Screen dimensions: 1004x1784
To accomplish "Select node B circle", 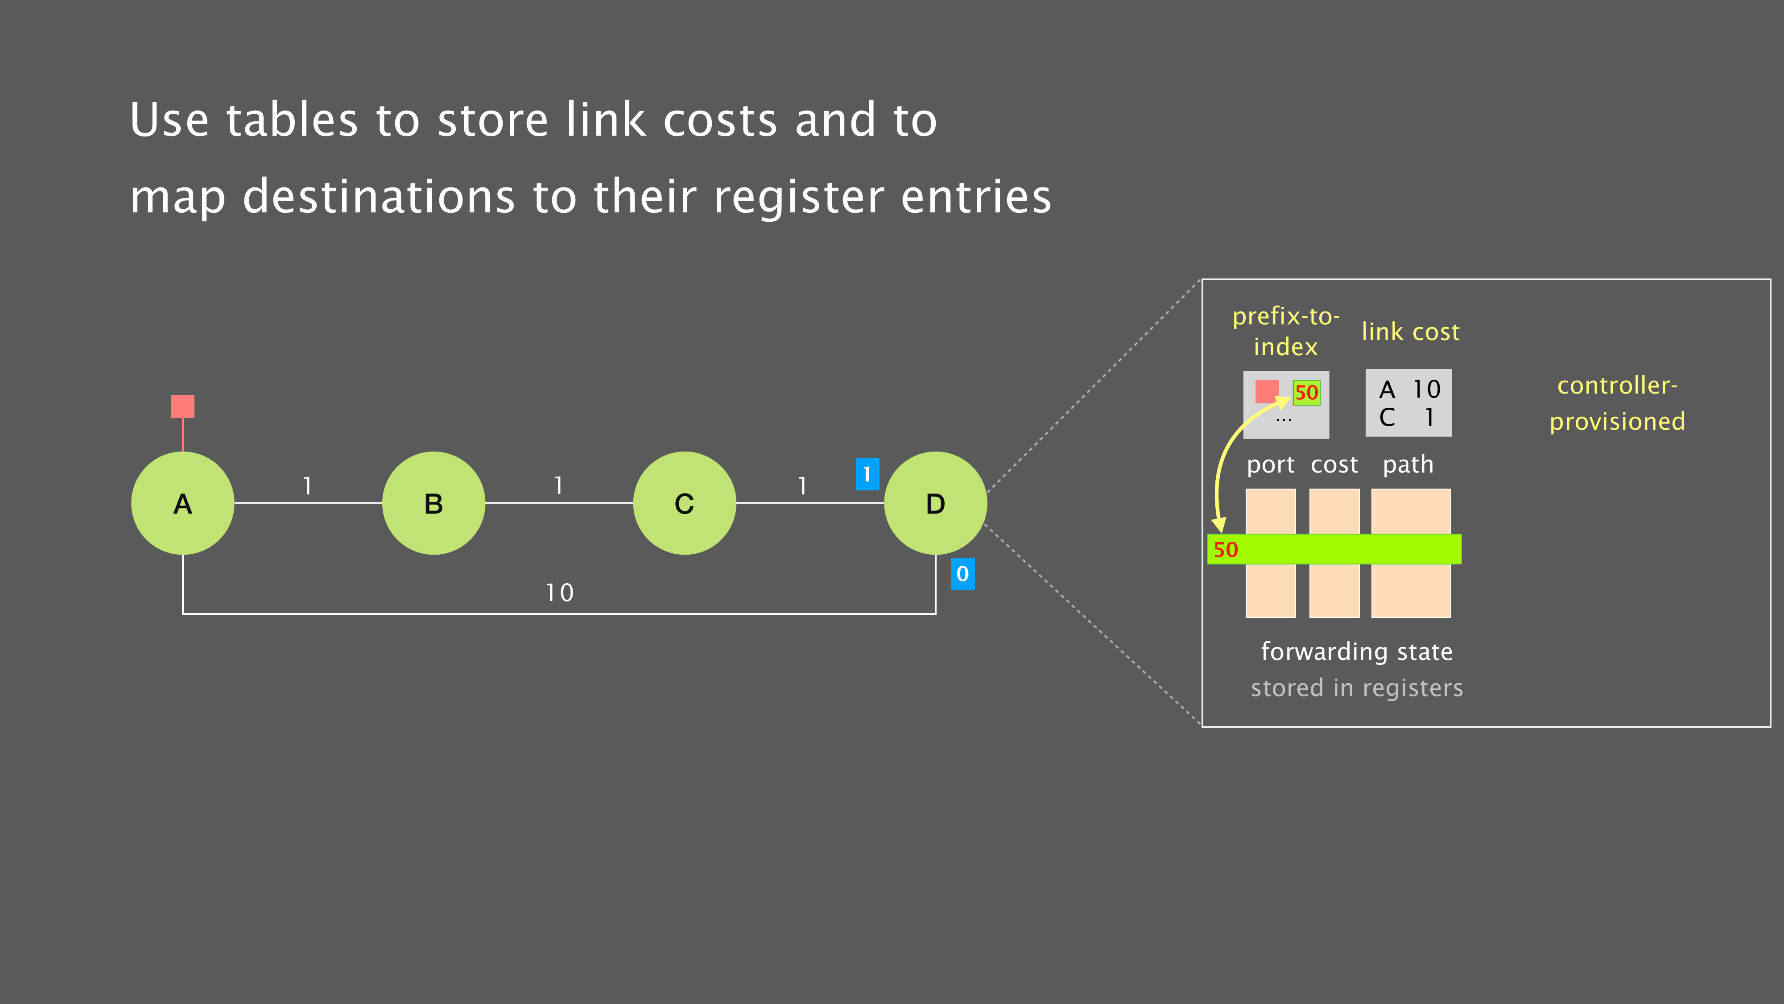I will [x=434, y=503].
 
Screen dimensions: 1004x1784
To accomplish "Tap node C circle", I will [x=684, y=503].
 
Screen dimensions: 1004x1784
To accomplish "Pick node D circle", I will [x=936, y=503].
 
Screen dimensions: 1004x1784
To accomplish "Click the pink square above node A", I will [x=183, y=406].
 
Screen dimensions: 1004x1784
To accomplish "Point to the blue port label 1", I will [x=867, y=475].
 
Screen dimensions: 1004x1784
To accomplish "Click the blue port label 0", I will [x=962, y=574].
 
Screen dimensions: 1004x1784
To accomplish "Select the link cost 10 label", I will [x=560, y=593].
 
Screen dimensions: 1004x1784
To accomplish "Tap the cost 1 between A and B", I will [x=307, y=486].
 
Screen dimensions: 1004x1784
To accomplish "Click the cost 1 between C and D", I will [x=802, y=486].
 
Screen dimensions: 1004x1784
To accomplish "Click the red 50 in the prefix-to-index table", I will [x=1306, y=393].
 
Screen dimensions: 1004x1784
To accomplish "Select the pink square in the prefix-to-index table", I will [x=1267, y=391].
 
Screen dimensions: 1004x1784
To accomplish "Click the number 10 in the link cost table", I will [x=1427, y=390].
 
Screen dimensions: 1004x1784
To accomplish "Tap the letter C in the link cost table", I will [x=1387, y=418].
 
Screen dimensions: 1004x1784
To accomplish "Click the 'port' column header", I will [x=1271, y=464].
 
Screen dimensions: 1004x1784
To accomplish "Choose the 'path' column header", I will [x=1408, y=464].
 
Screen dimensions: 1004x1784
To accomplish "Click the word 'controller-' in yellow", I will [x=1617, y=385].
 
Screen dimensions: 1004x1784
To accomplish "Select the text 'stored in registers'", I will [x=1357, y=688].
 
